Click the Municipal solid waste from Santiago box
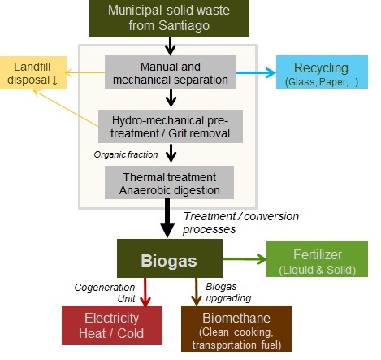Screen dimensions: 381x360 [x=169, y=19]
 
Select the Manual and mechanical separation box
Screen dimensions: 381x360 [x=170, y=72]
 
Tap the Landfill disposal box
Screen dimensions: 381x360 [x=33, y=72]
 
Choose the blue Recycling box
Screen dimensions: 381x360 [x=322, y=72]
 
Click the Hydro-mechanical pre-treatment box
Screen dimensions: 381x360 [x=171, y=126]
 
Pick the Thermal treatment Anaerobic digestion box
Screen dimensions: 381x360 [x=169, y=182]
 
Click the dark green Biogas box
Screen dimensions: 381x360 [x=170, y=258]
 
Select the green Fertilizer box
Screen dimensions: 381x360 [x=317, y=258]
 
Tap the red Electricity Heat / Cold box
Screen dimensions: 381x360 [x=112, y=325]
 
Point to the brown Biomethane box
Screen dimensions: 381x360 [x=236, y=328]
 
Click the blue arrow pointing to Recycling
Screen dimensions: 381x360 [x=256, y=72]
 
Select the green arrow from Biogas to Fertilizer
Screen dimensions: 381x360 [x=245, y=259]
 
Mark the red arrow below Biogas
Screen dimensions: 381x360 [x=145, y=292]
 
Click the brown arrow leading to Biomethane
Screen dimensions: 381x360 [x=196, y=292]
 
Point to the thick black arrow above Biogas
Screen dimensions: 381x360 [x=167, y=219]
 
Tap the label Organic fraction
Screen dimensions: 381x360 [x=126, y=154]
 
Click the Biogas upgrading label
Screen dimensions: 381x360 [x=228, y=293]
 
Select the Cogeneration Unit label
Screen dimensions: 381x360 [x=105, y=293]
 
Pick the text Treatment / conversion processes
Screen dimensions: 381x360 [x=240, y=223]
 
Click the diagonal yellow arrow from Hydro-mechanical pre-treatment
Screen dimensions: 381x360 [x=66, y=108]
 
